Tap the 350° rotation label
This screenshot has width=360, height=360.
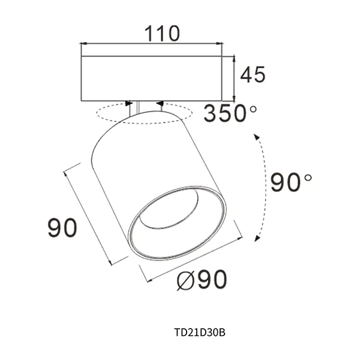tap(229, 113)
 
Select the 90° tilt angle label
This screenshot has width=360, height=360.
tap(290, 181)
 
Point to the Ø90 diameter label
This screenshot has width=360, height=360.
tap(203, 280)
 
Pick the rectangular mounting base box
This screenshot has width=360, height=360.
tap(151, 78)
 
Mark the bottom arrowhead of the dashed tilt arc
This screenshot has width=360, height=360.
tap(257, 238)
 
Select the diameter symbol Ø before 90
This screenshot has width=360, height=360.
tap(187, 280)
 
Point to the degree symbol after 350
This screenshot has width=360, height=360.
tap(253, 108)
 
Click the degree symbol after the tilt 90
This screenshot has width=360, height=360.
tap(308, 176)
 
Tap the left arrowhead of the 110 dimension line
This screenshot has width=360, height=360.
tap(84, 43)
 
